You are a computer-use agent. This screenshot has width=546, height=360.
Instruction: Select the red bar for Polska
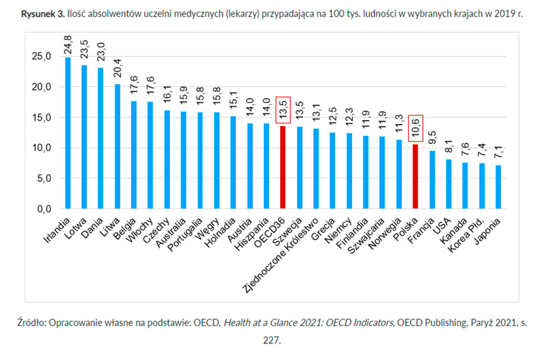[415, 176]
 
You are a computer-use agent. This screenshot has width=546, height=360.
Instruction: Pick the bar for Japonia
[498, 187]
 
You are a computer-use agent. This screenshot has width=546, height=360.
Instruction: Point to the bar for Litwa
[117, 146]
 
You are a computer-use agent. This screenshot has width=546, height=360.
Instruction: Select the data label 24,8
[68, 43]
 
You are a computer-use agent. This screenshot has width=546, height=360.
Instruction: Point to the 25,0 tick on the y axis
[42, 56]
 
